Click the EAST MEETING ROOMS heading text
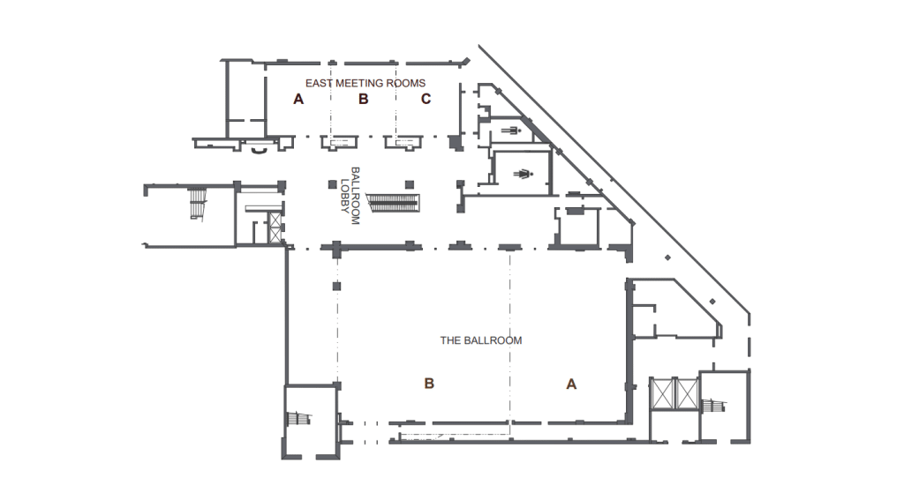(x=365, y=84)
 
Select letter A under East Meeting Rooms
(x=298, y=100)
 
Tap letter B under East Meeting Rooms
(x=362, y=100)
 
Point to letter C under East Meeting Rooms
(x=426, y=100)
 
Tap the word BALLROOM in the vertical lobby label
(x=356, y=196)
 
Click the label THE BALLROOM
(x=480, y=340)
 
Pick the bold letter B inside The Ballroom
(x=429, y=384)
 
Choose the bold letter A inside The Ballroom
(x=570, y=384)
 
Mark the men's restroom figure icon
(x=513, y=131)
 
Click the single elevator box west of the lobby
(x=275, y=223)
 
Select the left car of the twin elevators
(x=661, y=393)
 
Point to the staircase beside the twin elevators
(x=712, y=406)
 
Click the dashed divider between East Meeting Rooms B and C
(x=394, y=110)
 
